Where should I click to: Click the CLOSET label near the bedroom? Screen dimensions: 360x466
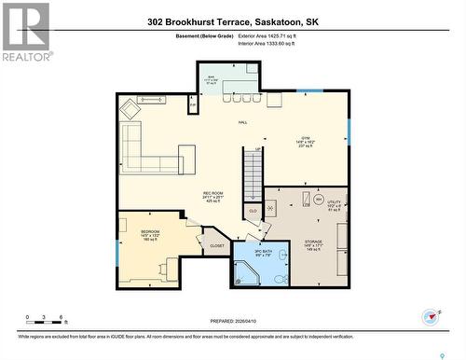tap(217, 246)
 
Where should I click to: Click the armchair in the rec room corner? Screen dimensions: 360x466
tap(130, 108)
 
